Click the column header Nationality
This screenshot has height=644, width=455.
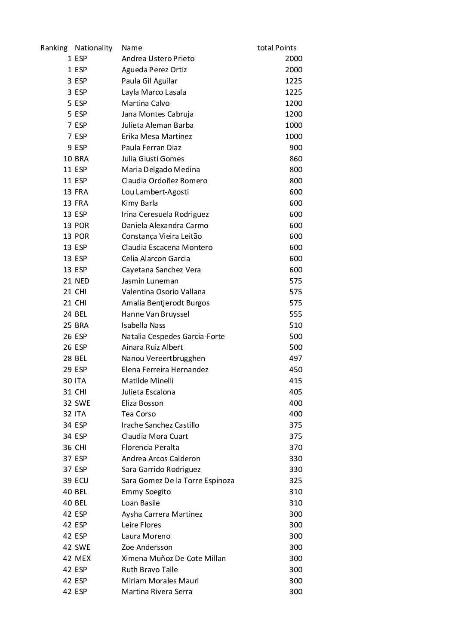[x=93, y=48]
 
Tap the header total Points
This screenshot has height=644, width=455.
[x=277, y=48]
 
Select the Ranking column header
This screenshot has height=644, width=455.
[x=54, y=48]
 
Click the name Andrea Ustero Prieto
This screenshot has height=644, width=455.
[x=158, y=59]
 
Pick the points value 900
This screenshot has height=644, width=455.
[x=295, y=148]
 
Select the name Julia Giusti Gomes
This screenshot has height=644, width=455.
[x=153, y=159]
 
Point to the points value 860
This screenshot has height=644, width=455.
[x=295, y=159]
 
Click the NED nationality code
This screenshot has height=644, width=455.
[x=82, y=281]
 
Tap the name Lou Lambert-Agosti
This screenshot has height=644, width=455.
[x=155, y=192]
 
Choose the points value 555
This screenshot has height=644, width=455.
[x=295, y=314]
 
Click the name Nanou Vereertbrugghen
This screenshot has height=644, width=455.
[x=163, y=358]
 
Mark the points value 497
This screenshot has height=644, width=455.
[x=295, y=358]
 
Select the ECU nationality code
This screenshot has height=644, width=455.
[x=81, y=481]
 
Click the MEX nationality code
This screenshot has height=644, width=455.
[x=83, y=558]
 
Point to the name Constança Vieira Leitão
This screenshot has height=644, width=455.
[x=161, y=236]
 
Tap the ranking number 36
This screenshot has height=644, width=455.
[x=67, y=447]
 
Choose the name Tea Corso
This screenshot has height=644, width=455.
[x=138, y=414]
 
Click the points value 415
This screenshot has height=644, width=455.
[x=295, y=381]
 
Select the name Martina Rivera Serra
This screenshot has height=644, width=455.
[x=157, y=592]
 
